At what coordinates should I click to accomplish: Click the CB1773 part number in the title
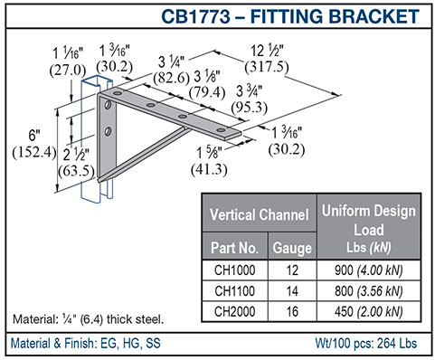pyautogui.click(x=195, y=16)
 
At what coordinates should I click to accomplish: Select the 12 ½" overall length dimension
pyautogui.click(x=267, y=51)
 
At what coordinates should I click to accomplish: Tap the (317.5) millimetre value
pyautogui.click(x=267, y=67)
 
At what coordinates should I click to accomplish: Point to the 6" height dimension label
pyautogui.click(x=34, y=135)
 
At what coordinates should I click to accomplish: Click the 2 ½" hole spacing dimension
pyautogui.click(x=76, y=155)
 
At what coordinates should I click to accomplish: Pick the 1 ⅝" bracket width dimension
pyautogui.click(x=208, y=153)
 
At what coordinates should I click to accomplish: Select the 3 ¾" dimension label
pyautogui.click(x=249, y=91)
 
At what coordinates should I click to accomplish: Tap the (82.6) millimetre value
pyautogui.click(x=171, y=78)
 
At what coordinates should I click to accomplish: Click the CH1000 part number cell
pyautogui.click(x=235, y=270)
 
